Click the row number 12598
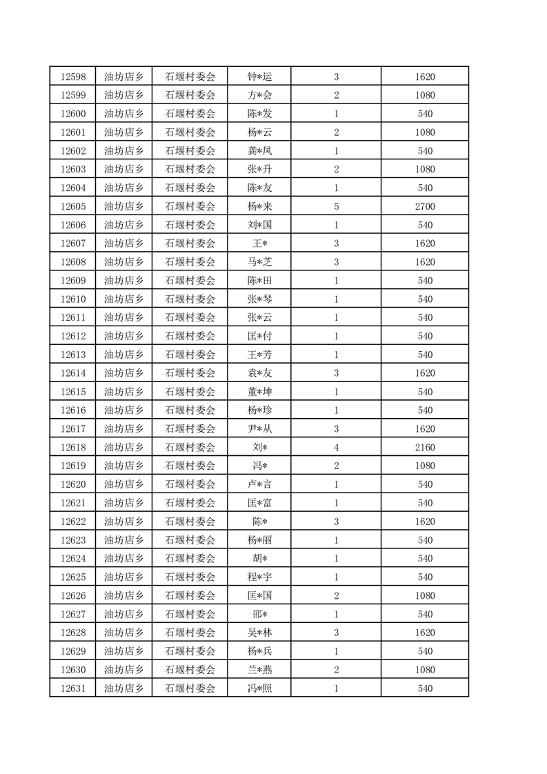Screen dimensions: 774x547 [x=73, y=77]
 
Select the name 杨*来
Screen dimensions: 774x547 [x=259, y=206]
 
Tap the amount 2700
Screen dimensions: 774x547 [x=425, y=206]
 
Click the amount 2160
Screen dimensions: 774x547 [x=425, y=448]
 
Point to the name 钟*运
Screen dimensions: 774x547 [x=259, y=77]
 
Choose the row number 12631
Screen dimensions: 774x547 [x=73, y=688]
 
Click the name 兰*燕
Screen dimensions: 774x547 [x=259, y=670]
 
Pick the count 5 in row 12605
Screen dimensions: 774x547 [x=336, y=206]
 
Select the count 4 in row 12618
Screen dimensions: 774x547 [x=336, y=448]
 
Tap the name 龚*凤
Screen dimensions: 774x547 [x=259, y=151]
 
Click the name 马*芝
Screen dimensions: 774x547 [x=259, y=262]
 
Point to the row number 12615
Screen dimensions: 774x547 [x=73, y=392]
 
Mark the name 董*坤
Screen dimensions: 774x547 [x=259, y=392]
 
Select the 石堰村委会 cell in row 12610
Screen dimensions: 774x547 [x=190, y=299]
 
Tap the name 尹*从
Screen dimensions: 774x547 [x=259, y=429]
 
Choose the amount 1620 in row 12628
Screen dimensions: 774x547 [x=425, y=633]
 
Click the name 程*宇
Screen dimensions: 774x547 [x=259, y=577]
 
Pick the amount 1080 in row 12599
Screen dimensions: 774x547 [x=425, y=95]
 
